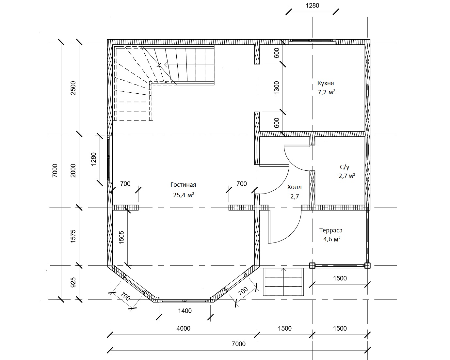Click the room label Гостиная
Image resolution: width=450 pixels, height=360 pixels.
click(x=183, y=185)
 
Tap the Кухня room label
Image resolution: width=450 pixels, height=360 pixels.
click(x=326, y=83)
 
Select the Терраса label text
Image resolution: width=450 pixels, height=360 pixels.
click(x=331, y=230)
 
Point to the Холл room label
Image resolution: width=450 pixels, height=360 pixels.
click(x=295, y=187)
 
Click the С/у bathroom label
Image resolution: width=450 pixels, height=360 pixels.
click(x=345, y=167)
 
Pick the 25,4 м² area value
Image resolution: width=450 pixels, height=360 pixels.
click(x=184, y=195)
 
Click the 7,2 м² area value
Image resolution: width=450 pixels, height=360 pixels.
click(x=327, y=92)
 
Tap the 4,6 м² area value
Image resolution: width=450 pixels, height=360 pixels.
click(x=332, y=239)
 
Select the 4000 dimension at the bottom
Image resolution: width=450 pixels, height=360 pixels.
click(x=184, y=328)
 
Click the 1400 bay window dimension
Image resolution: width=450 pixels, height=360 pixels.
click(x=185, y=311)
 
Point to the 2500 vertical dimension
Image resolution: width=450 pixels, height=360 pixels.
click(x=73, y=88)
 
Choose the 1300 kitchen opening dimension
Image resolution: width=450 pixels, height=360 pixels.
click(x=277, y=88)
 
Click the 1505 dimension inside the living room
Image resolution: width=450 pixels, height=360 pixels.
click(x=121, y=238)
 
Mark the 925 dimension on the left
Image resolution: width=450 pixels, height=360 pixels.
click(x=73, y=282)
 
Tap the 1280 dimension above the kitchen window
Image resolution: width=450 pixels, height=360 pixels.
click(x=313, y=6)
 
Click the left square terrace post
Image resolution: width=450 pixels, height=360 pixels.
click(x=312, y=265)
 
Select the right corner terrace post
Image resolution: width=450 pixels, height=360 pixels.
click(x=367, y=265)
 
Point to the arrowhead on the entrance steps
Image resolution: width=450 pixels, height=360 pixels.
click(x=283, y=269)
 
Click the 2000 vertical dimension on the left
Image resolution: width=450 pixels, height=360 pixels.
click(x=73, y=171)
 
